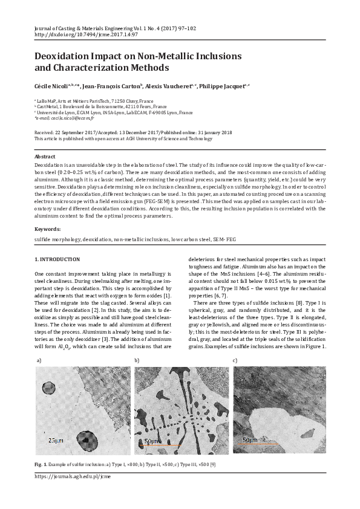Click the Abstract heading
(46, 157)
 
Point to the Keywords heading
(48, 229)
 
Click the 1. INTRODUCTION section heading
(57, 259)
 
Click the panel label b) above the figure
(137, 360)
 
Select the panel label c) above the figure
(235, 360)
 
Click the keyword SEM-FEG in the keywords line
(221, 239)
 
